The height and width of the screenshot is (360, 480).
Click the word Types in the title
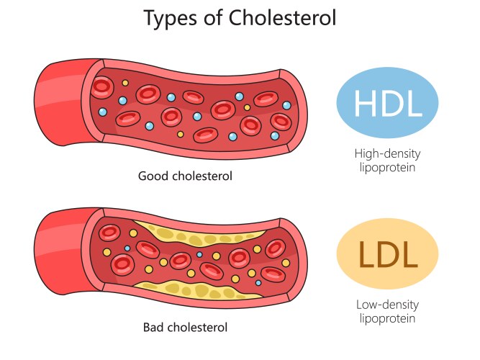171,18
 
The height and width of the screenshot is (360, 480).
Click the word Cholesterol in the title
282,17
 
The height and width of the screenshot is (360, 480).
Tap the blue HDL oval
387,103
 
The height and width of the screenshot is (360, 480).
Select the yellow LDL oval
387,253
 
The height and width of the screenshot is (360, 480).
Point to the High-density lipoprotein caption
388,161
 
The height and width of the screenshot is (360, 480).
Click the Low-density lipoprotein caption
387,311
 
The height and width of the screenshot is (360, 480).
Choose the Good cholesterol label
185,176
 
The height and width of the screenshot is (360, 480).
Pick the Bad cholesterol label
185,327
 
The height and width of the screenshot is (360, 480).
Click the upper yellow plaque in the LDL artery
196,234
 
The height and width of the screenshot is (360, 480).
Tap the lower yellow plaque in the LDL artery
196,289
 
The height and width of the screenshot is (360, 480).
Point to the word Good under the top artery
153,176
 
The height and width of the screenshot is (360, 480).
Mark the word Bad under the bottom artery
154,327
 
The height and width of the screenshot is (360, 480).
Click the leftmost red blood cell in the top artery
103,87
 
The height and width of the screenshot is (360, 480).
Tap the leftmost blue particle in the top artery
103,112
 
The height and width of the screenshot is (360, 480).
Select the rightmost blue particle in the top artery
286,105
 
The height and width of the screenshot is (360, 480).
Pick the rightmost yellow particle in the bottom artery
286,263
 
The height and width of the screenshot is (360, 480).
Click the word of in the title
213,17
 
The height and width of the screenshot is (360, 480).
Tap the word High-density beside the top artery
388,153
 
